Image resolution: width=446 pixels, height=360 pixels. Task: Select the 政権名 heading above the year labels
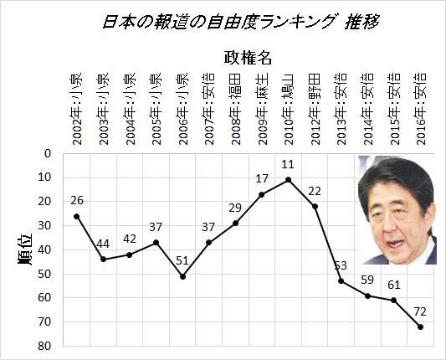pyautogui.click(x=249, y=57)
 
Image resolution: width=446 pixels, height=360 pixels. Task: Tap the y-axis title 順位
pyautogui.click(x=26, y=250)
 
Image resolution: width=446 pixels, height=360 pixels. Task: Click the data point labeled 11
pyautogui.click(x=288, y=180)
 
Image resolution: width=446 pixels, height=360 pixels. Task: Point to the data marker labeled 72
pyautogui.click(x=420, y=327)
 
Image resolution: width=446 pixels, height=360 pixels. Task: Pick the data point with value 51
pyautogui.click(x=182, y=276)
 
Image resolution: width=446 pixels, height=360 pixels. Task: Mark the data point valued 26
pyautogui.click(x=77, y=216)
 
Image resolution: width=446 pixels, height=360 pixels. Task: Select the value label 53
pyautogui.click(x=340, y=265)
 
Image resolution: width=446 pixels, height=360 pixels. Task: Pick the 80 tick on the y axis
pyautogui.click(x=47, y=346)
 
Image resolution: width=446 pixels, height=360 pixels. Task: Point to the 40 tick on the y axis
pyautogui.click(x=47, y=249)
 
